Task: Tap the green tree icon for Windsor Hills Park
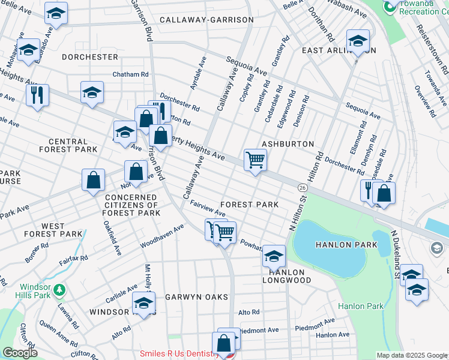(x=59, y=291)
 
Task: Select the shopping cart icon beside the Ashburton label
(x=255, y=160)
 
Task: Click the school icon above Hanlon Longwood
(x=274, y=256)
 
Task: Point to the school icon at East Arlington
(x=358, y=41)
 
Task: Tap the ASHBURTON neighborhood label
(x=288, y=145)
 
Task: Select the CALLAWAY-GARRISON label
(x=206, y=20)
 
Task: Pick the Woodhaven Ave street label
(x=162, y=236)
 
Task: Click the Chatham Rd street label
(x=130, y=74)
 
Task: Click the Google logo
(x=20, y=352)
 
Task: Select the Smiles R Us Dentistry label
(x=178, y=354)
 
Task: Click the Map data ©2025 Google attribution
(x=411, y=355)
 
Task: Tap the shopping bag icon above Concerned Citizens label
(x=136, y=171)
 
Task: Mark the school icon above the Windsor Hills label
(x=143, y=303)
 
